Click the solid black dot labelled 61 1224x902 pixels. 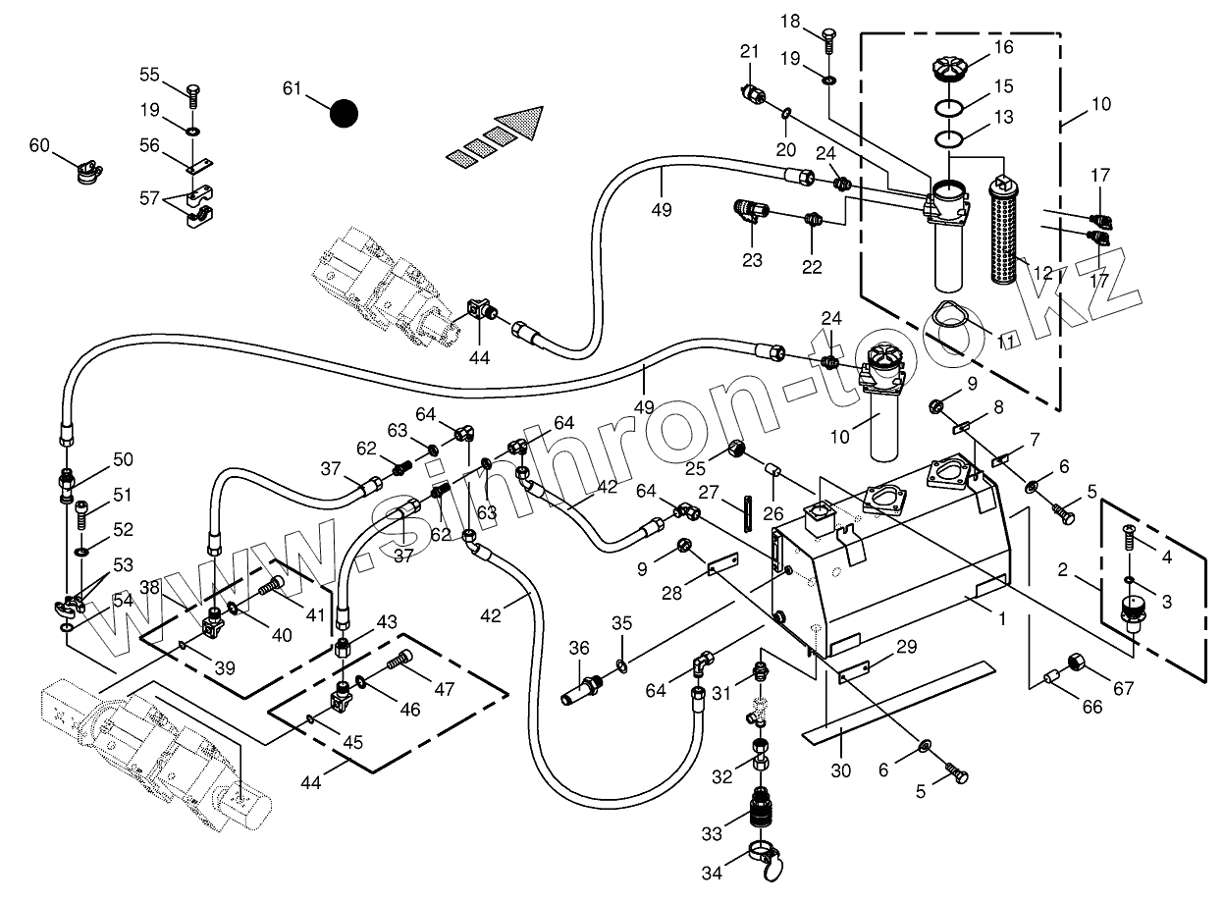pyautogui.click(x=344, y=113)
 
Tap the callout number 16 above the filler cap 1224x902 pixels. pyautogui.click(x=1002, y=47)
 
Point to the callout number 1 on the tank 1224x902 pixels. pyautogui.click(x=1001, y=620)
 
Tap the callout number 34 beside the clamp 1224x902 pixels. pyautogui.click(x=711, y=872)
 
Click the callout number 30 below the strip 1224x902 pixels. pyautogui.click(x=840, y=770)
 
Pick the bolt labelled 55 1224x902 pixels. pyautogui.click(x=193, y=94)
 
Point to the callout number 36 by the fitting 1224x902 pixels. pyautogui.click(x=579, y=649)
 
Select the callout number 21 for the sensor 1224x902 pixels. pyautogui.click(x=750, y=52)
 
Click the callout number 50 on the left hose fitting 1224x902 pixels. pyautogui.click(x=123, y=459)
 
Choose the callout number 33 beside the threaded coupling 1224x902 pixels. pyautogui.click(x=711, y=833)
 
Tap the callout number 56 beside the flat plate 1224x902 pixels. pyautogui.click(x=149, y=144)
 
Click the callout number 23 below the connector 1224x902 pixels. pyautogui.click(x=752, y=261)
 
